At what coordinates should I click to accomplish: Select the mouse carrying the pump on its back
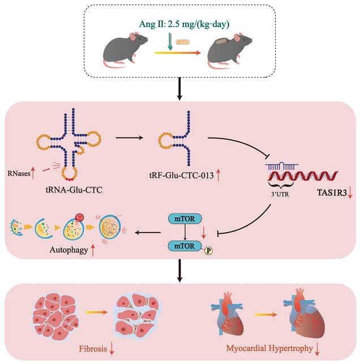pyautogui.click(x=230, y=48)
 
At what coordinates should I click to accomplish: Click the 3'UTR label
pyautogui.click(x=285, y=191)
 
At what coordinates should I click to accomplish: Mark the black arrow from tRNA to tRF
pyautogui.click(x=128, y=137)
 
